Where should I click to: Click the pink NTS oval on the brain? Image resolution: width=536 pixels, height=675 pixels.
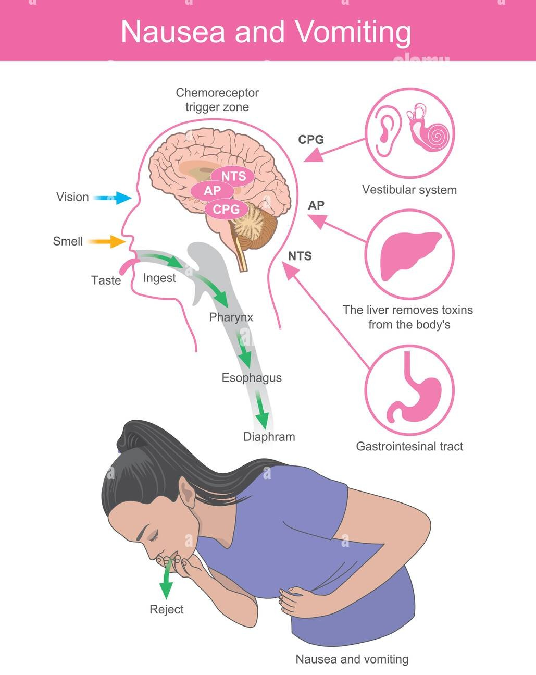233,176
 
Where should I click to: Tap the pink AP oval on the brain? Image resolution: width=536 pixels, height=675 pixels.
212,191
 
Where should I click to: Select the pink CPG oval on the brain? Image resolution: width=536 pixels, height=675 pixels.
227,209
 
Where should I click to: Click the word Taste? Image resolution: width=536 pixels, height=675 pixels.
106,280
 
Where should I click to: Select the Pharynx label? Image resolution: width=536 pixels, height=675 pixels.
231,317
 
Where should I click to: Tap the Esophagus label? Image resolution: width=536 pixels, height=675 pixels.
252,378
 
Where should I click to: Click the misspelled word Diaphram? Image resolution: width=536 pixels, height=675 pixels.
269,437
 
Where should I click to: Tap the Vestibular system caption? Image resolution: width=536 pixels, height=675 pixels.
409,190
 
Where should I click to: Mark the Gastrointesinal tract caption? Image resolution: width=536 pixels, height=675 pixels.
409,446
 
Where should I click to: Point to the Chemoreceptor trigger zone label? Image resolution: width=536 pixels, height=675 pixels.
217,100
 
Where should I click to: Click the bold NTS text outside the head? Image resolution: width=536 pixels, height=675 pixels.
300,256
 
